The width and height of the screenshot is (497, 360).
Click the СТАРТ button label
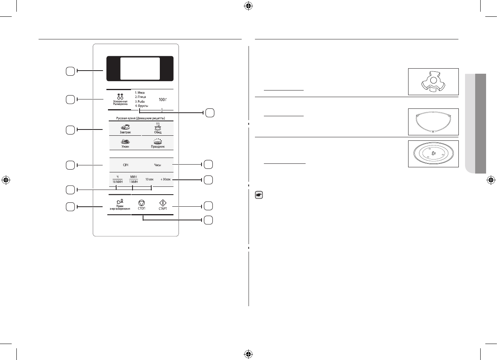coord(163,209)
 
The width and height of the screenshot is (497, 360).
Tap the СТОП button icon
coord(141,203)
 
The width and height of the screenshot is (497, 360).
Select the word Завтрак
coord(126,132)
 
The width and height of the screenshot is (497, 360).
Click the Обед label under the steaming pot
coord(157,132)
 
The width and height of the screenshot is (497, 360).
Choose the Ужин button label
coord(126,147)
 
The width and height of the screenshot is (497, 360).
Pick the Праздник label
coord(157,147)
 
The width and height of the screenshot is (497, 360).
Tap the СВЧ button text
coord(126,165)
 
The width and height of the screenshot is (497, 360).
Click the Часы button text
coord(157,165)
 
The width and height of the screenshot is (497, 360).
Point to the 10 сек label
coord(149,179)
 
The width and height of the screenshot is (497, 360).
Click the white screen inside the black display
coord(140,69)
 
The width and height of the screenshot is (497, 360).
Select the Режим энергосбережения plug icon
coord(120,202)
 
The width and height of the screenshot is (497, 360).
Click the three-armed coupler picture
coord(433,82)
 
